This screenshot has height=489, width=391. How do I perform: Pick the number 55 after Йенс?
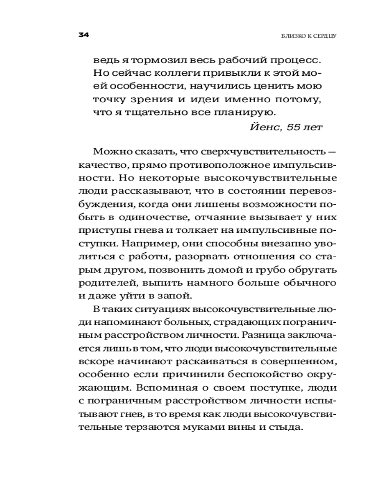pos(294,127)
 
